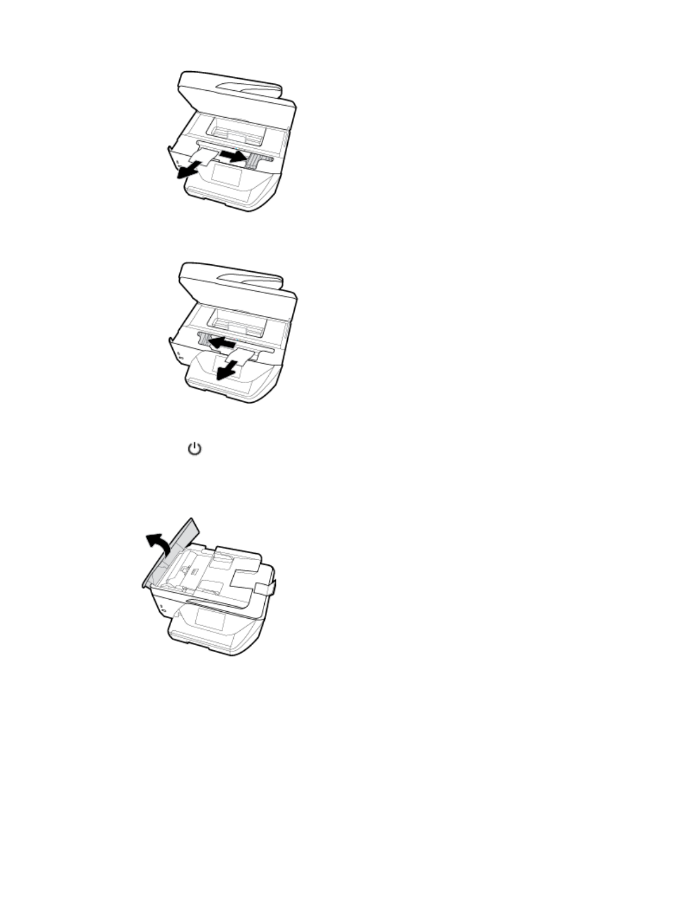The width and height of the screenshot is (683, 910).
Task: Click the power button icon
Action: (x=195, y=449)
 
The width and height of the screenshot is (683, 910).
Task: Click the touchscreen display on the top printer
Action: (x=226, y=173)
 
